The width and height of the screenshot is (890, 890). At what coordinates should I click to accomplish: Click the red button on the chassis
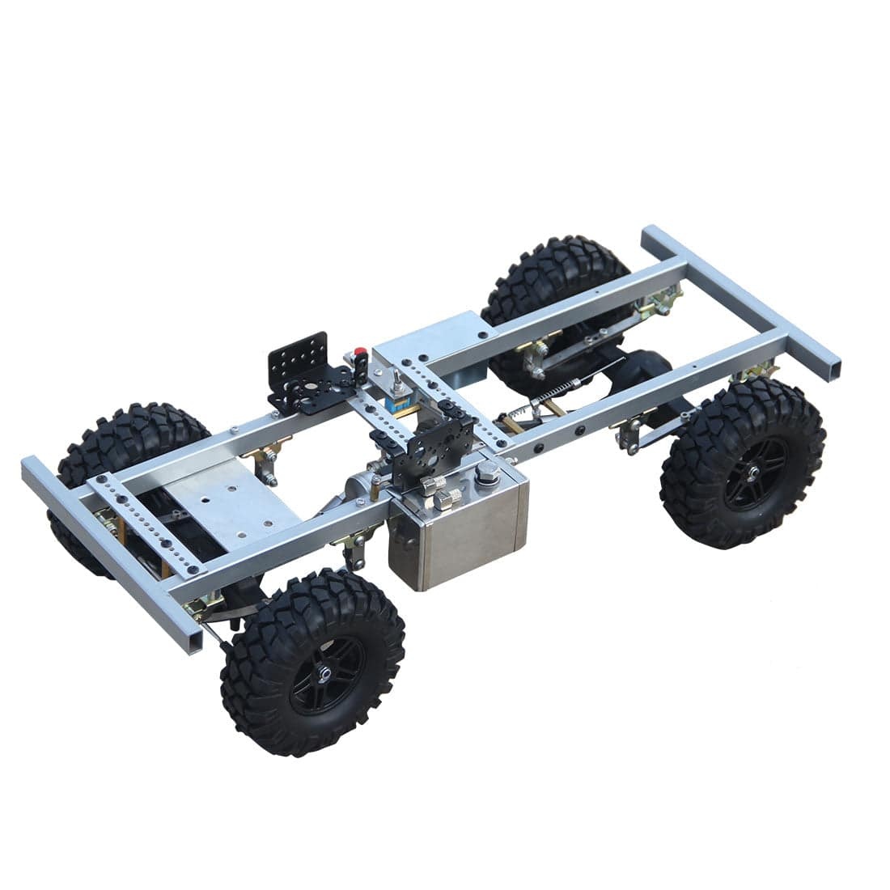coord(359,353)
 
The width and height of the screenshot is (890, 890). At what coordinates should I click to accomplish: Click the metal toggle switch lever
coord(396,381)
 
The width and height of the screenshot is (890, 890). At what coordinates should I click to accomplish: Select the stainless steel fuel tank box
coord(457,526)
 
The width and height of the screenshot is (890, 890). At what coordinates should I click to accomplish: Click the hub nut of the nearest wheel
coord(324,674)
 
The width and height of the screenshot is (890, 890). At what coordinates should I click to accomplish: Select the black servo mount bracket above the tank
coord(422,450)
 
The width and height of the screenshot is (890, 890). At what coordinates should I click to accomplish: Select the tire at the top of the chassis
coord(558,275)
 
